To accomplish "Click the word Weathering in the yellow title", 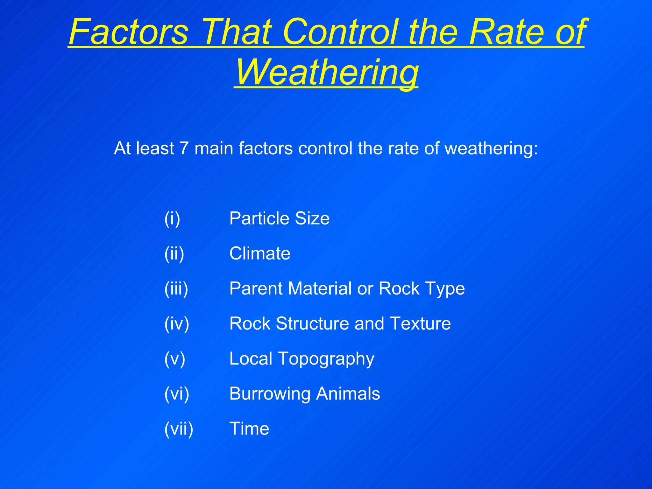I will coord(326,73).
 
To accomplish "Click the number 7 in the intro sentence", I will coord(184,148).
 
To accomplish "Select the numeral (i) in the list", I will coord(172,219).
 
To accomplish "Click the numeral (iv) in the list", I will coord(177,324).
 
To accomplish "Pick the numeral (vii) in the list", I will coord(179,429).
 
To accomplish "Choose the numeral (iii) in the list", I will coord(176,289).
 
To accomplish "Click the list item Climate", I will coord(260,254).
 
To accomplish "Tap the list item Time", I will coord(249,429).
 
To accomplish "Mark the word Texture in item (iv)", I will coord(420,324).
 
